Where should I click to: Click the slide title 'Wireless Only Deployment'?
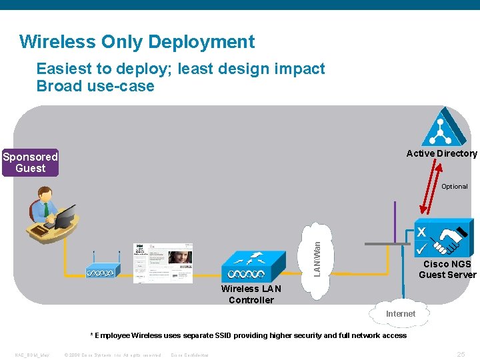pyautogui.click(x=137, y=42)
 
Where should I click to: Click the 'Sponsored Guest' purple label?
pyautogui.click(x=30, y=163)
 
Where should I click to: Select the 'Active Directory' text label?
pyautogui.click(x=441, y=153)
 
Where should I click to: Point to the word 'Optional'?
pyautogui.click(x=454, y=187)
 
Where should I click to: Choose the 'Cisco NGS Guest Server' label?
pyautogui.click(x=447, y=269)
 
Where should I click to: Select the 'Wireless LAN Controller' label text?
pyautogui.click(x=251, y=294)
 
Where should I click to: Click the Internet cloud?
pyautogui.click(x=400, y=313)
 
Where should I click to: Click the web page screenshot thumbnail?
pyautogui.click(x=163, y=263)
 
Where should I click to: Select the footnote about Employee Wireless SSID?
pyautogui.click(x=248, y=335)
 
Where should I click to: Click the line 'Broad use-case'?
pyautogui.click(x=95, y=86)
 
